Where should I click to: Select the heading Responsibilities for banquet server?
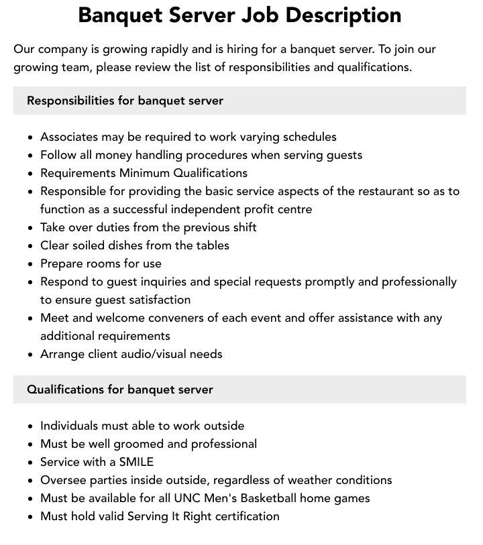click(x=125, y=101)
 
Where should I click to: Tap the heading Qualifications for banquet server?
click(x=119, y=389)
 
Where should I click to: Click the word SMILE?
click(x=136, y=462)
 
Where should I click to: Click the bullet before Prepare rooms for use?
click(x=31, y=264)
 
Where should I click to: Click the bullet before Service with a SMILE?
click(x=31, y=463)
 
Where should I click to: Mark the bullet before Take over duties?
click(x=31, y=228)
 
